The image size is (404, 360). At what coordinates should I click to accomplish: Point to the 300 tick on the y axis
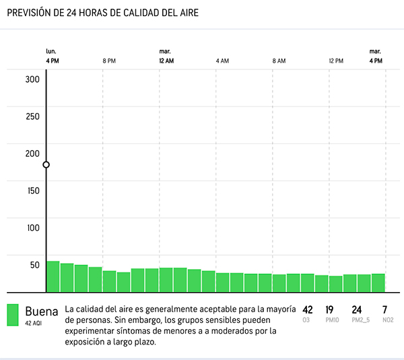(32, 79)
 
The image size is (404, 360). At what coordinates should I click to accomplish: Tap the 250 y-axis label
(32, 116)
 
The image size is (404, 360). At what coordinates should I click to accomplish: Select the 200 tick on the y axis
(32, 153)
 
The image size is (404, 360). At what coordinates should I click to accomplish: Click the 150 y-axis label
(34, 191)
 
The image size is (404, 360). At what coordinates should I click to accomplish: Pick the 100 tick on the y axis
(34, 228)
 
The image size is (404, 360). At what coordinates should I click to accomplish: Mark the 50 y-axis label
(35, 265)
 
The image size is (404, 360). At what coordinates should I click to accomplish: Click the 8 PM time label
(109, 61)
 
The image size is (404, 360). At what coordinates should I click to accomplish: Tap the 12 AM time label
(166, 61)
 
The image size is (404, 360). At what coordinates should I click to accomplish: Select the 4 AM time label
(222, 61)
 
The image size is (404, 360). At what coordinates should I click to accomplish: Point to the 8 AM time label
(279, 61)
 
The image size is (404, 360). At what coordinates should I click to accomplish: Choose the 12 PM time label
(336, 61)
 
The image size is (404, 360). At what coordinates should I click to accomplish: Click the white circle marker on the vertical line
(46, 165)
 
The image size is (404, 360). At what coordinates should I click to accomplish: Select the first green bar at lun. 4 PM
(53, 277)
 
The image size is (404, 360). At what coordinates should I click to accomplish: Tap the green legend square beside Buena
(13, 315)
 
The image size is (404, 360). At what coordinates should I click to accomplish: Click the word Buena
(42, 312)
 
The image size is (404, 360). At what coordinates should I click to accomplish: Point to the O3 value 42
(308, 310)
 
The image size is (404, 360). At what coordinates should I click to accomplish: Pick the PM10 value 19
(329, 310)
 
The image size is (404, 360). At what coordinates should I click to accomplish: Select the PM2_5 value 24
(357, 310)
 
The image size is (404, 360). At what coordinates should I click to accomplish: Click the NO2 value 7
(385, 310)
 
